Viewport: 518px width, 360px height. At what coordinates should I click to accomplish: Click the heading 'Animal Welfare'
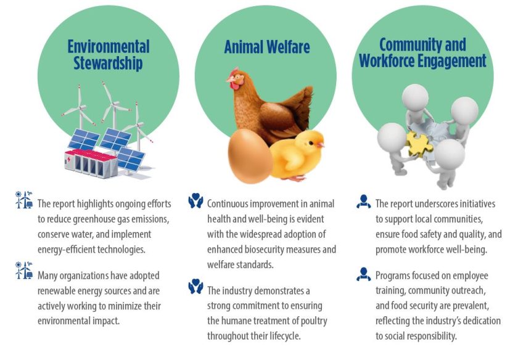(267, 47)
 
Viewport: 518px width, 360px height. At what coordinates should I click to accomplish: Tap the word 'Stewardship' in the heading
(108, 63)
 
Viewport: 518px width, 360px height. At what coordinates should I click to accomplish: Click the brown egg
(250, 155)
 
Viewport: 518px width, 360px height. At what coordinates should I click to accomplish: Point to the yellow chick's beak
(320, 145)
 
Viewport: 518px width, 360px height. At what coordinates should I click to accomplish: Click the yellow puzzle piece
(418, 144)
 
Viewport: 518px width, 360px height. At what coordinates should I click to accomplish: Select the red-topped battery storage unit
(91, 163)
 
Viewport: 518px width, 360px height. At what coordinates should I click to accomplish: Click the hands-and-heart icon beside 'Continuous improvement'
(195, 200)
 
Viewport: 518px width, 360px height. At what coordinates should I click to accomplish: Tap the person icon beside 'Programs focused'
(364, 274)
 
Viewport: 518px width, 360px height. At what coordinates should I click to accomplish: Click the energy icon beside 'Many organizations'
(24, 270)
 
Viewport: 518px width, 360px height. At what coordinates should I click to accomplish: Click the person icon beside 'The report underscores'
(364, 202)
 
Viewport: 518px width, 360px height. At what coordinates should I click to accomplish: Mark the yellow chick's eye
(311, 143)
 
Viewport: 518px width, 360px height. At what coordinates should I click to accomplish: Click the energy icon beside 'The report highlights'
(24, 200)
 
